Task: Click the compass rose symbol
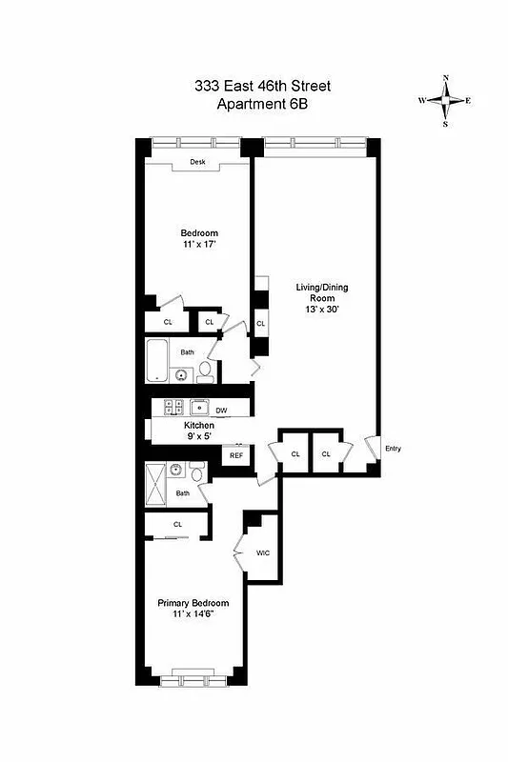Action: coord(445,100)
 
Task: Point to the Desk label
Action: coord(197,162)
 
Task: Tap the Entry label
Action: coord(392,449)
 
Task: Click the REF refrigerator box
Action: coord(236,456)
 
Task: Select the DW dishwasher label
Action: coord(221,411)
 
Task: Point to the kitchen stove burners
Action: coord(174,407)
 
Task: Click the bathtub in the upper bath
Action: coord(158,363)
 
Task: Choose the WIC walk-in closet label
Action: coord(264,553)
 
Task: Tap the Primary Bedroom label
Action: coord(193,603)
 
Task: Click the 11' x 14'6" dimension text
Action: coord(193,615)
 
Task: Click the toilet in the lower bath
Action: coord(196,472)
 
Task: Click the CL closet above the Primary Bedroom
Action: coord(177,525)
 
